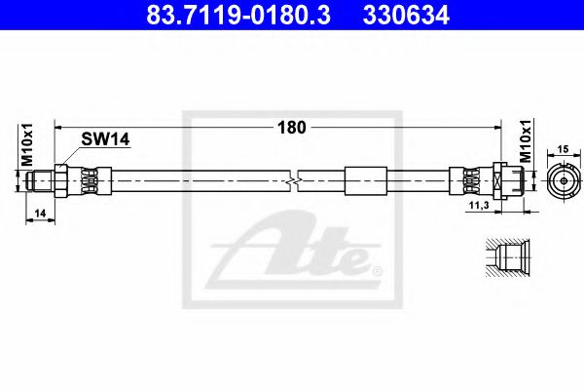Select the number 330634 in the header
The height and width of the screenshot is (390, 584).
pyautogui.click(x=408, y=16)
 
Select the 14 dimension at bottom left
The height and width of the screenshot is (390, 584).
pyautogui.click(x=38, y=213)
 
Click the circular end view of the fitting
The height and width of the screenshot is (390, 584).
pyautogui.click(x=562, y=180)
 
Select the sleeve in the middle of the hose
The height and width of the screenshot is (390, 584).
pyautogui.click(x=363, y=180)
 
